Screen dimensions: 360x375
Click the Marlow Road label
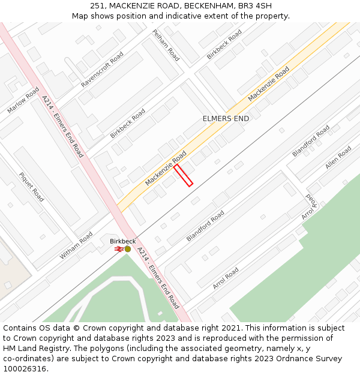tap(23, 100)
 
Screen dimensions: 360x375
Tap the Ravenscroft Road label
tap(102, 70)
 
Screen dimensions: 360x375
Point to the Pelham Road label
tap(166, 45)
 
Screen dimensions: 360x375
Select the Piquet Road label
tap(31, 187)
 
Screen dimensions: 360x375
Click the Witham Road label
tap(76, 245)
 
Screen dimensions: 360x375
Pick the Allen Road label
tap(338, 157)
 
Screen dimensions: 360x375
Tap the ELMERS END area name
tap(226, 119)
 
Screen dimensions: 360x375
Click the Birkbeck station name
tap(122, 241)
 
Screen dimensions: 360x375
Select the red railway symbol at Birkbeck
tap(119, 248)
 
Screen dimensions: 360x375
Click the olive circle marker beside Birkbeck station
tap(128, 248)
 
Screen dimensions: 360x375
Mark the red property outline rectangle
tap(183, 175)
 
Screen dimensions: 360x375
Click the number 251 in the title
tap(98, 5)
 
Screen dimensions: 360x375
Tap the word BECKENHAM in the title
tap(209, 5)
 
